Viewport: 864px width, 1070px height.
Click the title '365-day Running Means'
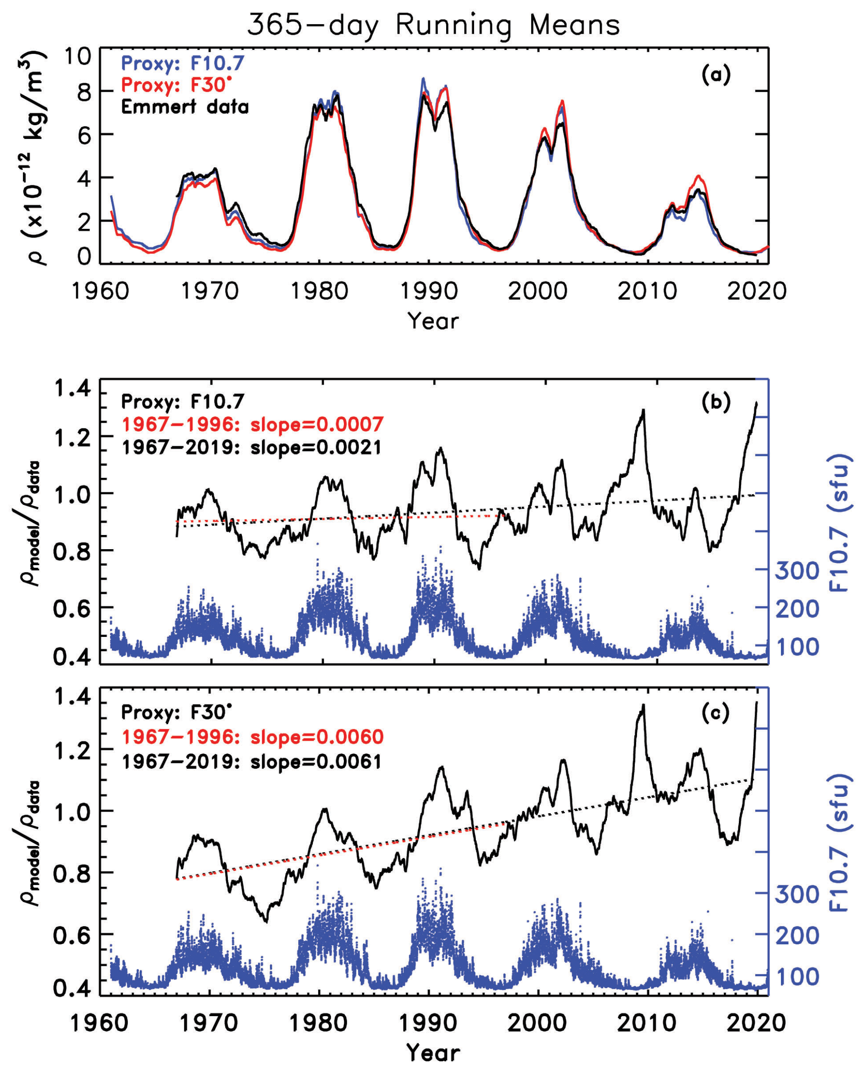point(433,25)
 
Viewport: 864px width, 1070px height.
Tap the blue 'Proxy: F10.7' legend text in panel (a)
point(183,63)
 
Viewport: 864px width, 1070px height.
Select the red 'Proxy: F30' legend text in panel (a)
point(176,85)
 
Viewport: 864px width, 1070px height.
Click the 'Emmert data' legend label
point(184,107)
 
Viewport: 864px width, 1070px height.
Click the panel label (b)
point(716,402)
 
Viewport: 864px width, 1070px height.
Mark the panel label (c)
point(716,713)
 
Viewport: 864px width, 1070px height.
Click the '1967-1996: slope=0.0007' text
point(253,424)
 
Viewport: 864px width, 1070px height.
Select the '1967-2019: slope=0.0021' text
point(251,447)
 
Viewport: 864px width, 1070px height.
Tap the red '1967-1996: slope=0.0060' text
point(253,736)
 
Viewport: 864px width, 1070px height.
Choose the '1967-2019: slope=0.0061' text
point(251,761)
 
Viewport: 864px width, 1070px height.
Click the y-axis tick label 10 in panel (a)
point(78,56)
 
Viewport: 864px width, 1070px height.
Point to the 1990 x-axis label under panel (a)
point(429,291)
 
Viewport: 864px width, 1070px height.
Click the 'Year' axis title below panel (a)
point(432,321)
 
